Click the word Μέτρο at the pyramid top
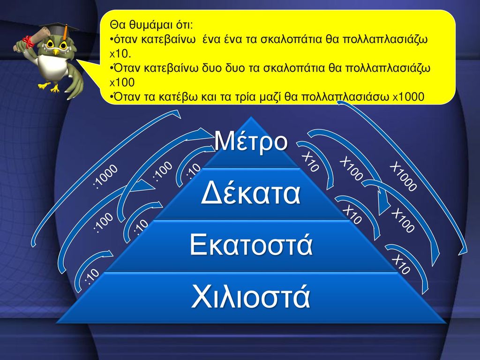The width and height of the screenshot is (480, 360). tap(251, 141)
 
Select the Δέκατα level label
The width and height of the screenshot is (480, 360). tap(251, 194)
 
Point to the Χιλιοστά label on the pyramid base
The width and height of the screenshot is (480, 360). tap(251, 296)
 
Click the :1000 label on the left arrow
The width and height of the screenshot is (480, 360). tap(105, 176)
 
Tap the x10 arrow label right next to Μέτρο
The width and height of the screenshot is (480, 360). tap(311, 162)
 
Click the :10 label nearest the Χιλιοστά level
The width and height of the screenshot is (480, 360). tap(92, 276)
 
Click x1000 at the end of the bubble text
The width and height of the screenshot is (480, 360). tap(408, 97)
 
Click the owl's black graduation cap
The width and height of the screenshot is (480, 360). tap(60, 30)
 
